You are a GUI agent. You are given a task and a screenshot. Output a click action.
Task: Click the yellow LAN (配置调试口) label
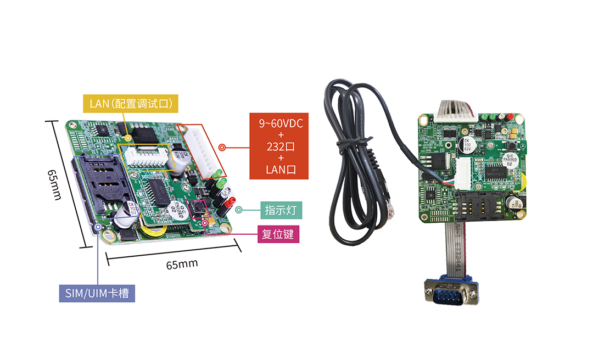[131, 103]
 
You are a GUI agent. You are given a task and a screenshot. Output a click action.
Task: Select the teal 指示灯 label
[281, 210]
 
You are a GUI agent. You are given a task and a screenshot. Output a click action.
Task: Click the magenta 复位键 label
[278, 234]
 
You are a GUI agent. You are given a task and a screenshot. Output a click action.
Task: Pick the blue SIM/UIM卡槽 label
[97, 293]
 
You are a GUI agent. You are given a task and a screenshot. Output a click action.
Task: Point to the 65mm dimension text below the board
[182, 264]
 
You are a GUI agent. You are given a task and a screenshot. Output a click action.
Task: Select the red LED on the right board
[509, 116]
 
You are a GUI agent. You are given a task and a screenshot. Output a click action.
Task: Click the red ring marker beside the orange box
[222, 148]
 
